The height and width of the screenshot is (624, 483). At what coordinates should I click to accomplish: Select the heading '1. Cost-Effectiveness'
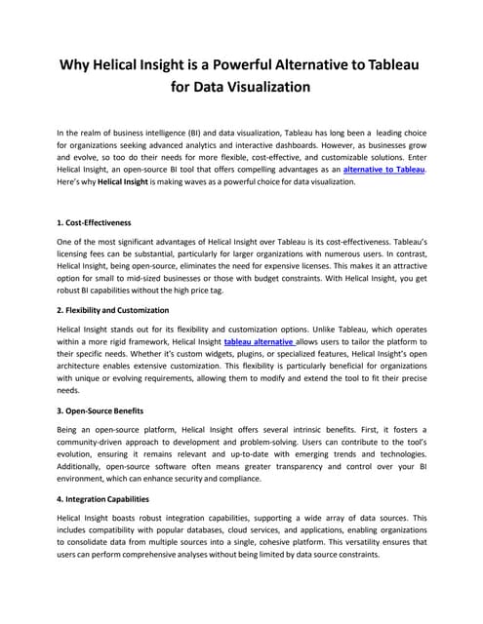[x=94, y=222]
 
